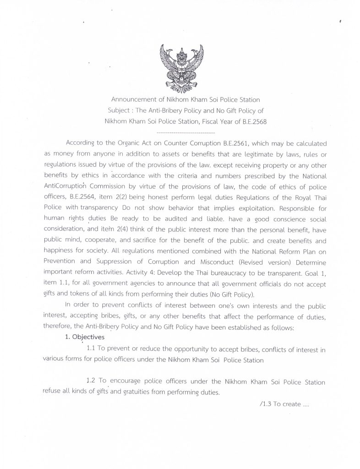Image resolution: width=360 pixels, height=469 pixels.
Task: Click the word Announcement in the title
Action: [132, 100]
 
